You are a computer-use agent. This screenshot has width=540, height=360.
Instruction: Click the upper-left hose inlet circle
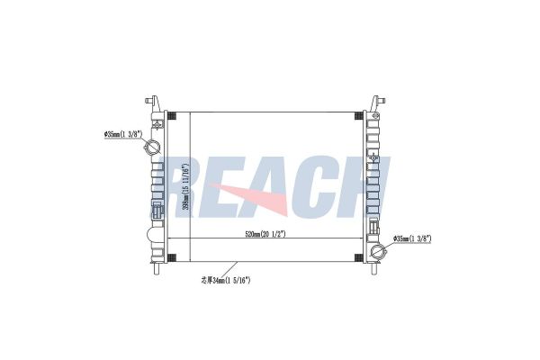152,148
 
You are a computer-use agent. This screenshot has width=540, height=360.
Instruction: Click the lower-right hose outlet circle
378,252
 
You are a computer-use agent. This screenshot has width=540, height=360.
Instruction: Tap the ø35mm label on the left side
123,134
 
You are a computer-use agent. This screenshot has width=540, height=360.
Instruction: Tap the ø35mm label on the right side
412,238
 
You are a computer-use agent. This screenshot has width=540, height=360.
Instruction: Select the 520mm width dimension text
265,234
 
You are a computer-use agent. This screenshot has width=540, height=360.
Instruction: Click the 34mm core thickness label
226,281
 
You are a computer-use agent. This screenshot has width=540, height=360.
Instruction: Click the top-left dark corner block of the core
172,116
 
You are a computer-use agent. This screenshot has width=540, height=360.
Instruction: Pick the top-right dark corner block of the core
358,116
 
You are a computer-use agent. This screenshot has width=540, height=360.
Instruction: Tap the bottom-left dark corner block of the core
172,257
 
